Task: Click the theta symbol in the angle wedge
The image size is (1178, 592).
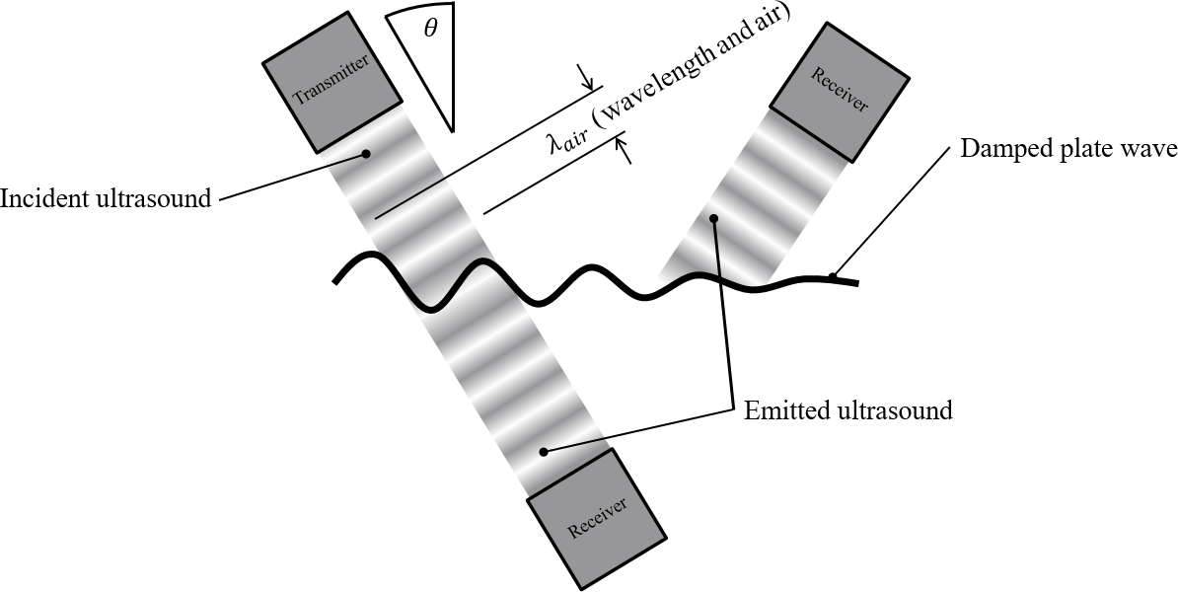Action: [x=430, y=29]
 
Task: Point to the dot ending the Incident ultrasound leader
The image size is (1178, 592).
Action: [x=366, y=153]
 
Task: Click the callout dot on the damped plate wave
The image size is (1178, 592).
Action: [x=834, y=275]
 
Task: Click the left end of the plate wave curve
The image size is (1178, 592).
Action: [x=336, y=281]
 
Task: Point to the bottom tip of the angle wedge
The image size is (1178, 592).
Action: [x=453, y=131]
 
